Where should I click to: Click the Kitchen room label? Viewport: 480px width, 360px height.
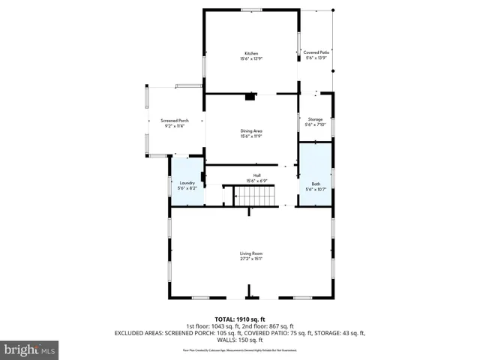pyautogui.click(x=250, y=53)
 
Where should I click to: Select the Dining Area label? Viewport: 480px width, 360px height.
pyautogui.click(x=250, y=131)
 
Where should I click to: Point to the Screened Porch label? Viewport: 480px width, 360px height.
pyautogui.click(x=174, y=121)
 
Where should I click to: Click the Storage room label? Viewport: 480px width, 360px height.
pyautogui.click(x=316, y=119)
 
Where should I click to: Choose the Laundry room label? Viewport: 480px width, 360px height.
pyautogui.click(x=187, y=183)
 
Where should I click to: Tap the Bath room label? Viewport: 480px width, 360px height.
pyautogui.click(x=316, y=183)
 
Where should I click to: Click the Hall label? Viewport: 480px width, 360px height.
pyautogui.click(x=256, y=175)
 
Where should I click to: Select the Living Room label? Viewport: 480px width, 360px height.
pyautogui.click(x=250, y=253)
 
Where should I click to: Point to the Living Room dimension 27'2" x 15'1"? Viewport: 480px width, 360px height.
pyautogui.click(x=250, y=259)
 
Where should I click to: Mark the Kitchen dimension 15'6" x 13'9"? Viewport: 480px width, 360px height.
pyautogui.click(x=250, y=58)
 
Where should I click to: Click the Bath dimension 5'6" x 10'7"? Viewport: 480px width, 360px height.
pyautogui.click(x=316, y=188)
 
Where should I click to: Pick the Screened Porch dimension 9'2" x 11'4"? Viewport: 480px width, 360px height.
pyautogui.click(x=174, y=126)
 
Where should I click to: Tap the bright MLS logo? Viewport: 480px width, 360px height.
pyautogui.click(x=30, y=349)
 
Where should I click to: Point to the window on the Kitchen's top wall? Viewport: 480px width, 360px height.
pyautogui.click(x=250, y=10)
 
